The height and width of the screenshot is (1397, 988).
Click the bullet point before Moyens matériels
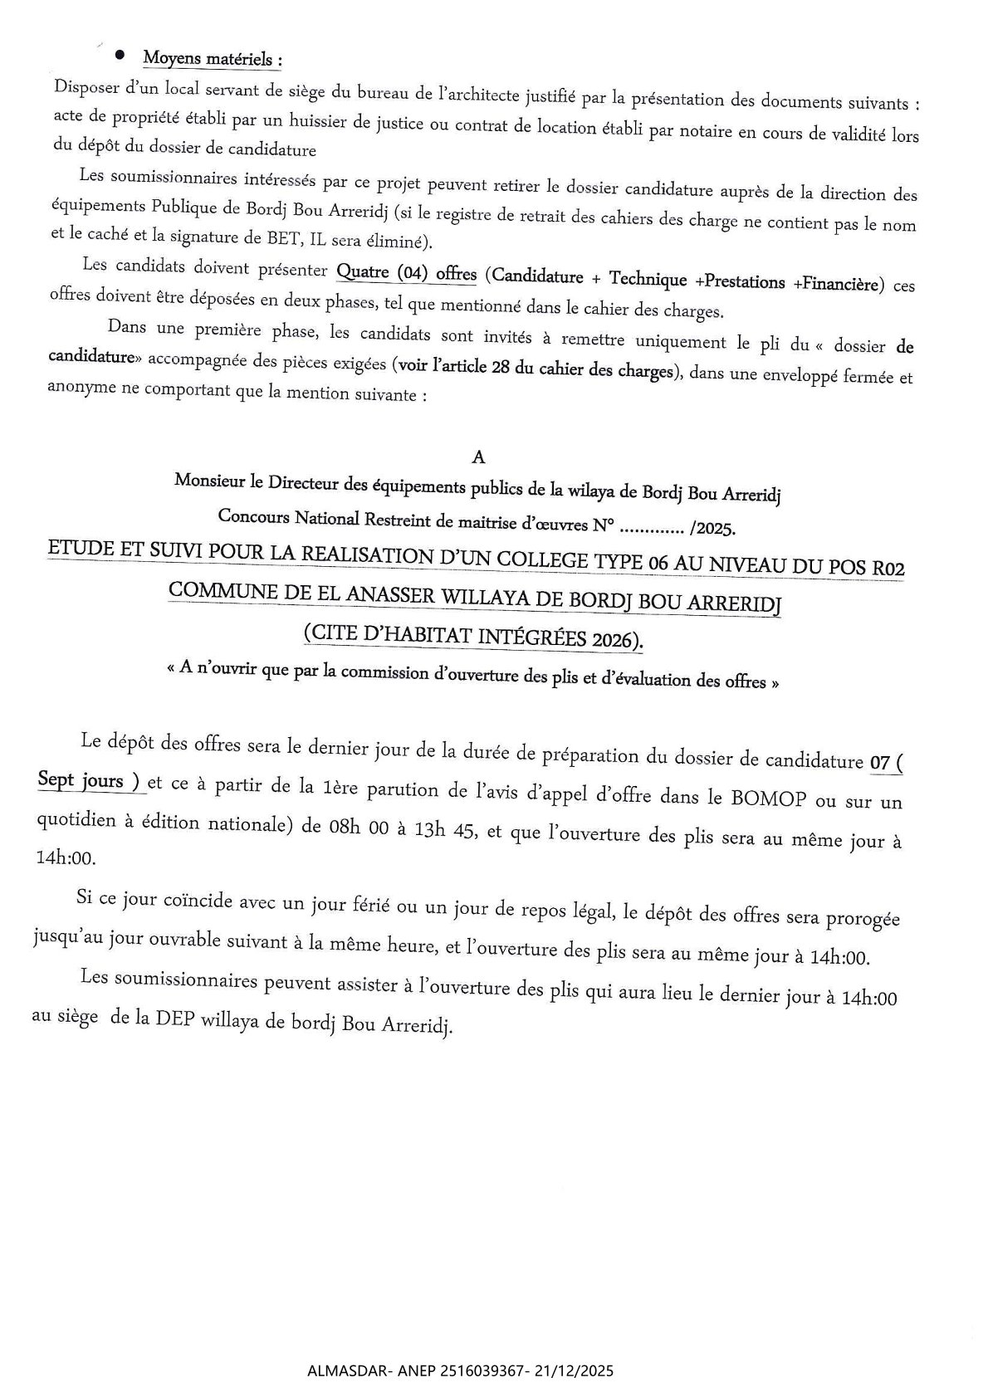(120, 55)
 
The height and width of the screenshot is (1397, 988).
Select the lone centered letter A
(477, 457)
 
